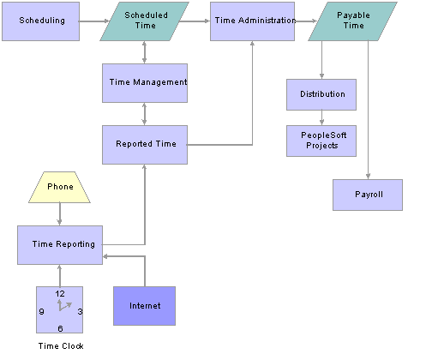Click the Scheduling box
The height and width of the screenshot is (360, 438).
(x=40, y=21)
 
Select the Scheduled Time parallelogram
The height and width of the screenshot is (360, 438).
(x=144, y=21)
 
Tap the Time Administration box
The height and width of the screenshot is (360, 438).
(x=252, y=21)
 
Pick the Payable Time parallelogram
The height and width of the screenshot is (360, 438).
(x=352, y=21)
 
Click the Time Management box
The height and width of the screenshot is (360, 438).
(x=145, y=83)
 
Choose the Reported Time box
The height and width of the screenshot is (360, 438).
(x=145, y=145)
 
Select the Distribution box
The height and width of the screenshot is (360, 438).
(x=321, y=94)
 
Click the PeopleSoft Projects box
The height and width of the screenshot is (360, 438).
(x=321, y=141)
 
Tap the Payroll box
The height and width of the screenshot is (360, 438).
(x=368, y=195)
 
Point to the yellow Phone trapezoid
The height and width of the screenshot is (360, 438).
(x=59, y=188)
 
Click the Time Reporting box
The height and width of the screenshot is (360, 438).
(x=60, y=245)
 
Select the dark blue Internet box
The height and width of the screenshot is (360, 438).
(x=144, y=306)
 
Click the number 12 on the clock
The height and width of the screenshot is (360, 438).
(x=60, y=294)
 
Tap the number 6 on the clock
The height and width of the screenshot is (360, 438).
(x=60, y=328)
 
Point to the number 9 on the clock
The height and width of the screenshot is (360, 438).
(x=42, y=311)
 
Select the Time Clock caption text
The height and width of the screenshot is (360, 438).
(x=61, y=346)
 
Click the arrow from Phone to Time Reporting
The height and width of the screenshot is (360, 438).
(x=59, y=214)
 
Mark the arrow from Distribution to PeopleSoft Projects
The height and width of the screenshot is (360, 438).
(x=321, y=117)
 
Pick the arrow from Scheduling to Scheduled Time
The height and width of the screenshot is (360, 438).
(x=94, y=21)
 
